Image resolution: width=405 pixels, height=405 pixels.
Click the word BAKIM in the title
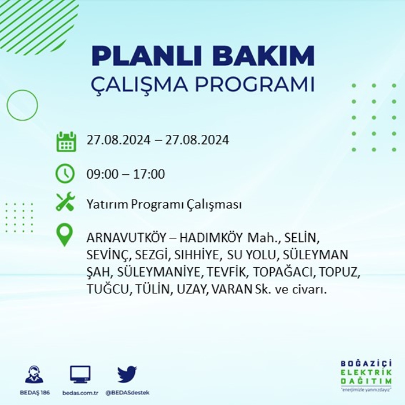(263, 56)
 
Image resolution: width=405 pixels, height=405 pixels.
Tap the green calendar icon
(66, 142)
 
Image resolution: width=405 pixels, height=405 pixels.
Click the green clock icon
(65, 174)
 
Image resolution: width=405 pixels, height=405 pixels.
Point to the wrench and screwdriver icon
(65, 201)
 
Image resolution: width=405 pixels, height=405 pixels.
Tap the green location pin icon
(65, 234)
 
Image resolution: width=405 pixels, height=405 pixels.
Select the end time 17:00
(149, 174)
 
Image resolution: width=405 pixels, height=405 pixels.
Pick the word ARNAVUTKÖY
(126, 238)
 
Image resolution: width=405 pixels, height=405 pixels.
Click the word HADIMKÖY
(211, 238)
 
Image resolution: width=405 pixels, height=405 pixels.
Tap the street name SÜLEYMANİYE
(159, 272)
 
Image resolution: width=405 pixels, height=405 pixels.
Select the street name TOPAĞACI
(282, 272)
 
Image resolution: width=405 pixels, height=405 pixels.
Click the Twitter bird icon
(127, 374)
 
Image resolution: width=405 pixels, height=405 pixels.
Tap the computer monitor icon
(80, 374)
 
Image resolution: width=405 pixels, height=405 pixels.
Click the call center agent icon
(34, 374)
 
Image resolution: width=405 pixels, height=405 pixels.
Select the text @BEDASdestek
(127, 393)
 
